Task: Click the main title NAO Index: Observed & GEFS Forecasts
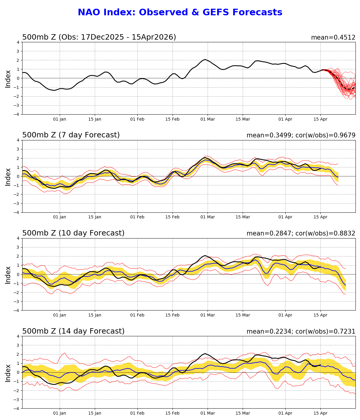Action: [x=180, y=13]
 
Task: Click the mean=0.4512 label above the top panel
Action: [x=333, y=38]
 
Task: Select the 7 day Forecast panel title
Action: [x=71, y=135]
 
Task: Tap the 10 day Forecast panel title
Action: [x=73, y=233]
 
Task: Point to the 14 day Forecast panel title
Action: [x=73, y=331]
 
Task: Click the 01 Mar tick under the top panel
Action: [x=208, y=119]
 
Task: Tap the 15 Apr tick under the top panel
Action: [x=320, y=119]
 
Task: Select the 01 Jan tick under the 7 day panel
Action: [x=60, y=217]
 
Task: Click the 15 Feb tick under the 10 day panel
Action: [x=172, y=315]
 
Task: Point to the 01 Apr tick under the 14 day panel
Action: [x=285, y=413]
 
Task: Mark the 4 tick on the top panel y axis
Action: [x=18, y=42]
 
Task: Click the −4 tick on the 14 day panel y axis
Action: [x=17, y=409]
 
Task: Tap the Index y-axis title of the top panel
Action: [x=8, y=79]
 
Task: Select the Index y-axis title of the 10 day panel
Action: [x=8, y=274]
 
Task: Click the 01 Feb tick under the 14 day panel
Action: [x=137, y=413]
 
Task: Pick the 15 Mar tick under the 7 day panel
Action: [x=243, y=217]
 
